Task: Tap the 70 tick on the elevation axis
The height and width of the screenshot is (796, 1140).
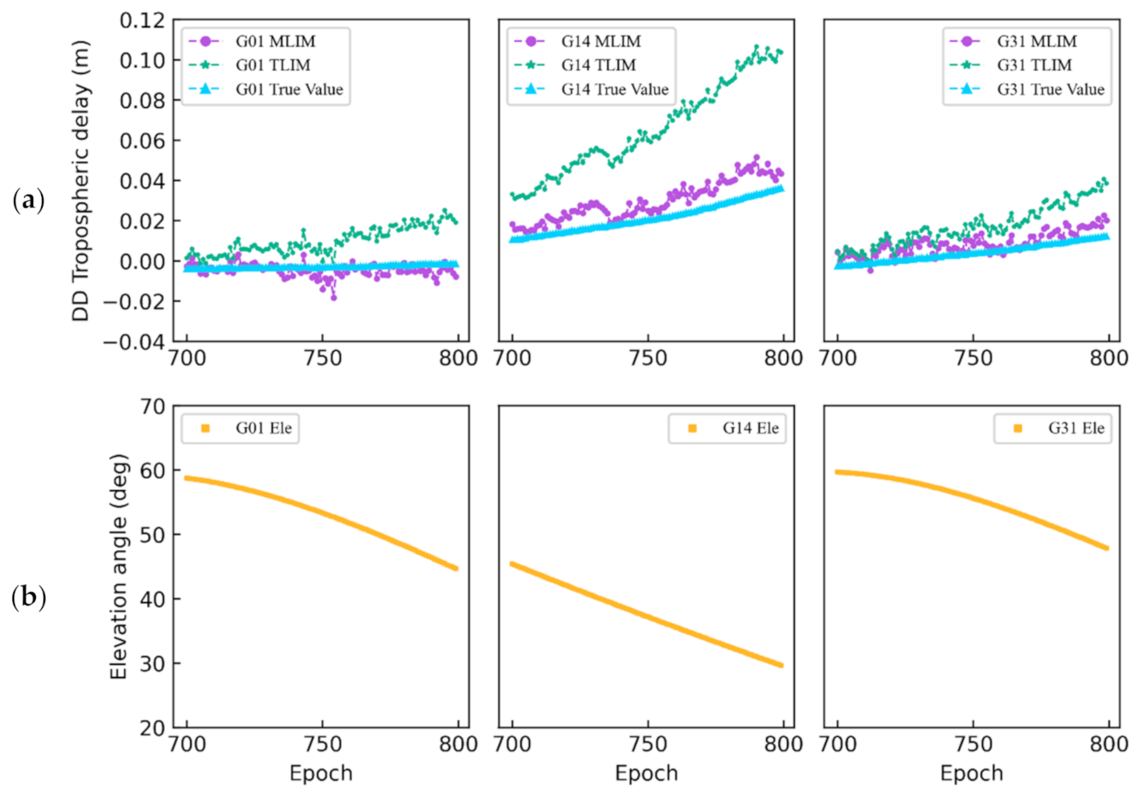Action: [x=152, y=406]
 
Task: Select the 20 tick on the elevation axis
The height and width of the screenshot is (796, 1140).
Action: [x=152, y=728]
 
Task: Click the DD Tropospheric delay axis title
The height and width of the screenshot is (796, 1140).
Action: [x=81, y=181]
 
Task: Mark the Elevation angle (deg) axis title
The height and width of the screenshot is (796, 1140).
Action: [x=118, y=567]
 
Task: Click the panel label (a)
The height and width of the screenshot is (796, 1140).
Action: [x=29, y=200]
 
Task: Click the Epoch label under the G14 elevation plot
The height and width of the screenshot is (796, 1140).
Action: [x=646, y=773]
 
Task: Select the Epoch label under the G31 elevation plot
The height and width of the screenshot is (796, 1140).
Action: [x=971, y=773]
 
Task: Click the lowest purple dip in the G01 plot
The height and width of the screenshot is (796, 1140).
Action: [x=334, y=297]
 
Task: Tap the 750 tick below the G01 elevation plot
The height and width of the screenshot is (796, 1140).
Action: [x=322, y=744]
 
